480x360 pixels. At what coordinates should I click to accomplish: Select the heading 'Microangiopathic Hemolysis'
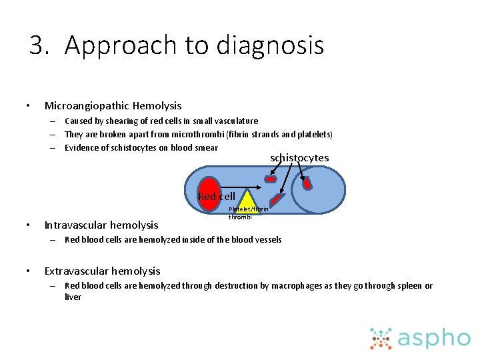click(113, 105)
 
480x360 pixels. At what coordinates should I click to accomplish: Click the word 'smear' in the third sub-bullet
click(207, 147)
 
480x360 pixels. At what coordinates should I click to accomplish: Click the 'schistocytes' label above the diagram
click(299, 158)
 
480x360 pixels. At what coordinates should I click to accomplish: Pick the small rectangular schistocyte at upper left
click(270, 179)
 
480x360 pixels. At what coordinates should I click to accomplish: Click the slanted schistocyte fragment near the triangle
click(277, 199)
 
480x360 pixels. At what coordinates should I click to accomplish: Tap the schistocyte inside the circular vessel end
click(307, 184)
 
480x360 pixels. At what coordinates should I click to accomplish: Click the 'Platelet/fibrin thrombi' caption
click(248, 213)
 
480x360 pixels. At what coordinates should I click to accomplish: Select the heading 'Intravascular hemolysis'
click(101, 225)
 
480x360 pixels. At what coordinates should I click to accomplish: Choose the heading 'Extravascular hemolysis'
click(102, 271)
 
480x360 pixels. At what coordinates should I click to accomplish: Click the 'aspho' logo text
click(433, 338)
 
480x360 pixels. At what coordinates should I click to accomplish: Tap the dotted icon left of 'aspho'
click(381, 338)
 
